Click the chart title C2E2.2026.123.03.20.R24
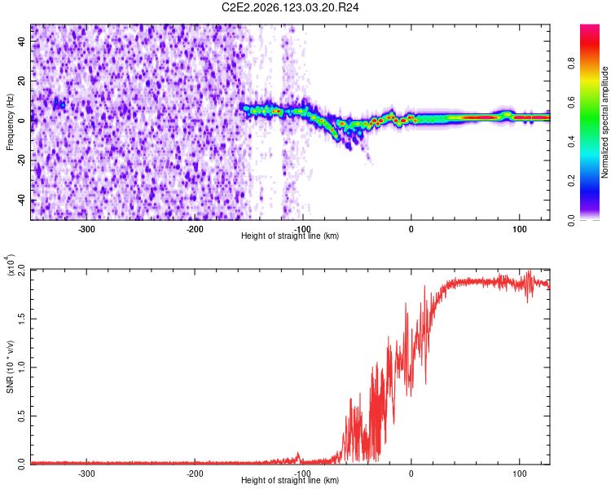[290, 7]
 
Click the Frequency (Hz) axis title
[10, 122]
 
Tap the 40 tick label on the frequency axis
[22, 42]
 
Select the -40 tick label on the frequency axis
[22, 200]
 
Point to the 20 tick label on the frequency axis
[22, 81]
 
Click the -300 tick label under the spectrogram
[86, 229]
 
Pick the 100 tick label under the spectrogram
[520, 229]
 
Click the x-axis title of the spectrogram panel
[290, 236]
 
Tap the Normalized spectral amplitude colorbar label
[604, 122]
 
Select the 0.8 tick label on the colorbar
[571, 63]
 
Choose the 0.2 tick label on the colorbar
[571, 181]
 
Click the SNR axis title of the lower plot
[10, 367]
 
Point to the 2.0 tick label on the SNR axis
[22, 271]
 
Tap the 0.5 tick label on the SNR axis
[22, 416]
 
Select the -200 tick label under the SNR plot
[195, 474]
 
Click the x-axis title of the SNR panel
[290, 480]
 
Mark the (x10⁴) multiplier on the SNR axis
[10, 265]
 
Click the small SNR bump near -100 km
[298, 456]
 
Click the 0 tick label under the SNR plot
[411, 474]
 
